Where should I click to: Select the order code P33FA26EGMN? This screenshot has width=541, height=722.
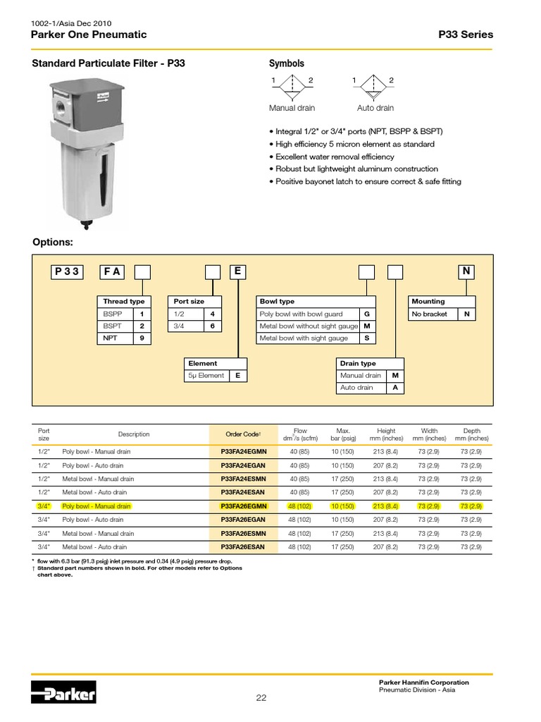click(x=243, y=506)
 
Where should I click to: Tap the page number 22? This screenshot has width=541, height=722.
click(x=261, y=698)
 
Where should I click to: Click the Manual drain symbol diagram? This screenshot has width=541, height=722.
click(x=291, y=89)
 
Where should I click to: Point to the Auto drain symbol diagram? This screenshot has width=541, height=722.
click(x=373, y=89)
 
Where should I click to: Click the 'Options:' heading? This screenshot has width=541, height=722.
click(x=53, y=243)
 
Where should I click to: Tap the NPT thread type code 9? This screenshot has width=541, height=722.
click(x=142, y=338)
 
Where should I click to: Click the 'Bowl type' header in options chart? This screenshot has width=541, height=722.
click(x=278, y=301)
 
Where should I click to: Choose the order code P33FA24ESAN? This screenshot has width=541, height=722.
click(x=243, y=492)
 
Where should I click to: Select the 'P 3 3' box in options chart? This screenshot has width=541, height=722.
click(x=68, y=271)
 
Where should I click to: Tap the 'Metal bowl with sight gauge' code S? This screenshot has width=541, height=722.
click(x=367, y=338)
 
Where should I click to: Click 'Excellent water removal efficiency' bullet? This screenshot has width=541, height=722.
click(x=335, y=157)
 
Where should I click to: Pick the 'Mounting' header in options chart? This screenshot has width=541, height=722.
click(x=428, y=301)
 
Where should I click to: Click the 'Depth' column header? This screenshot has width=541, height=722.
click(x=471, y=434)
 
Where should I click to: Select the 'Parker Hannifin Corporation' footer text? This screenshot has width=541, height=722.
click(x=423, y=682)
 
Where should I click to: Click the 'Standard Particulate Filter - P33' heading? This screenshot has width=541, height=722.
click(x=108, y=63)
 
